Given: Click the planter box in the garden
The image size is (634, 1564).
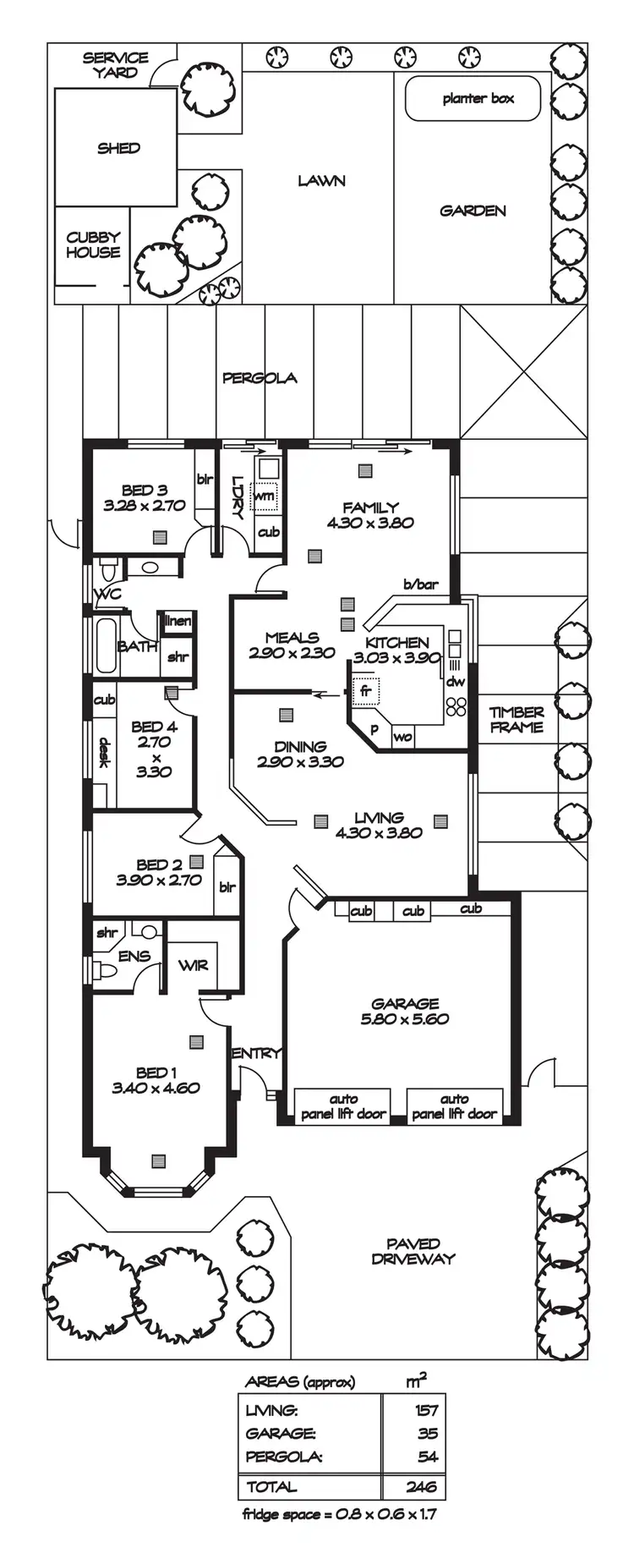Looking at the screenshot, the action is coord(478,99).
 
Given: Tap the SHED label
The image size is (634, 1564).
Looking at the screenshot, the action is coord(118,148).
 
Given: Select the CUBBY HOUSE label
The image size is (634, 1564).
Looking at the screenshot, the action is coord(93,244).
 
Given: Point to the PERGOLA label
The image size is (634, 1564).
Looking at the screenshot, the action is coord(260,378).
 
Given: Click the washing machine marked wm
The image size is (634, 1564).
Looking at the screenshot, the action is coord(266,496).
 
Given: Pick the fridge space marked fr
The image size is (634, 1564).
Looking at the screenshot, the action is coord(366,690).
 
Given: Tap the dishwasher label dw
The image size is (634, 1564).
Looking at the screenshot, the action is coord(456,681).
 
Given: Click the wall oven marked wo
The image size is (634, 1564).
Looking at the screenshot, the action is coord(403,737).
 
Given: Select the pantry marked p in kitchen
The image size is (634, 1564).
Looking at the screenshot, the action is coord(374,729).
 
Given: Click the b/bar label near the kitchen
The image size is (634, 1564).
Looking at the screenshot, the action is coord(420,584).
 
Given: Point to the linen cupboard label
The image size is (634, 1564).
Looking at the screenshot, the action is coord(178,621).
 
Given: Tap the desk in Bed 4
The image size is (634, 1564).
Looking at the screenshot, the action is coord(104,753).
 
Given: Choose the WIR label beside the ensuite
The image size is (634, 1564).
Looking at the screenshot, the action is coord(193,965).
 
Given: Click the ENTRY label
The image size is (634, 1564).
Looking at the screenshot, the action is coord(255,1053).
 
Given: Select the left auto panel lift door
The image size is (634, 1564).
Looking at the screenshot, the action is coord(343,1106).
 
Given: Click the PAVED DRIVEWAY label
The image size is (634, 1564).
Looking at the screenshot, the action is coord(413,1251).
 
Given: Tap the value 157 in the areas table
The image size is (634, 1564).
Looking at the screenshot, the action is coord(427,1409).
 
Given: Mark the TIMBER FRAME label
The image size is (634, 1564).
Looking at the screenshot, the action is coord(516,719).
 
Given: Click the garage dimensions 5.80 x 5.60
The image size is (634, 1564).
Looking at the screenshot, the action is coord(405,1018).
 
